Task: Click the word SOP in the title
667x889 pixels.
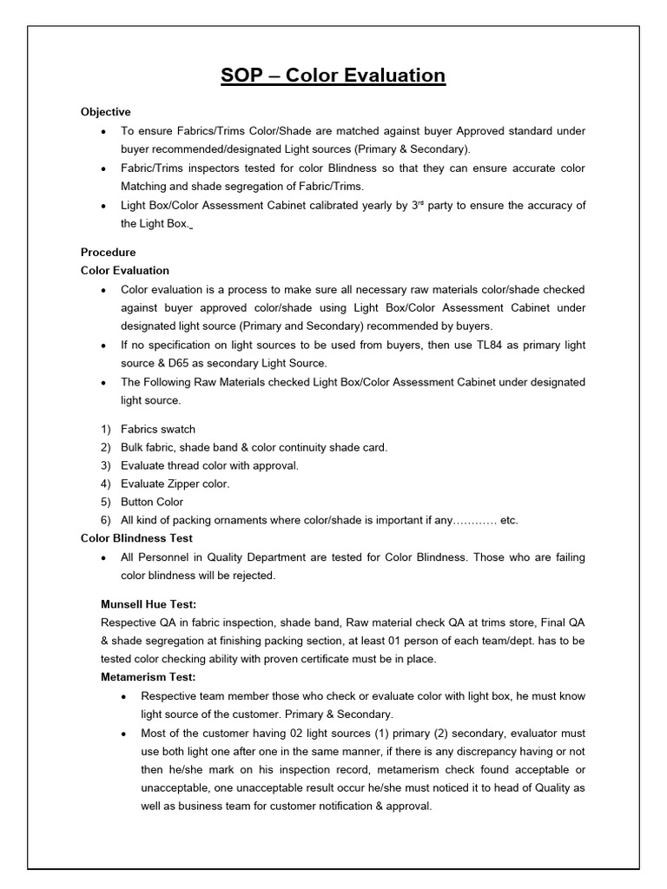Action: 241,76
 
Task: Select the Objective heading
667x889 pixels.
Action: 106,112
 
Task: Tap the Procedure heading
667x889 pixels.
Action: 109,252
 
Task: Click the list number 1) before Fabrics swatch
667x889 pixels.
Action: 107,429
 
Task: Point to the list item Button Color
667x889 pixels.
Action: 152,502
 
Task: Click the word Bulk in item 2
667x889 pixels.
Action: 133,447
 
